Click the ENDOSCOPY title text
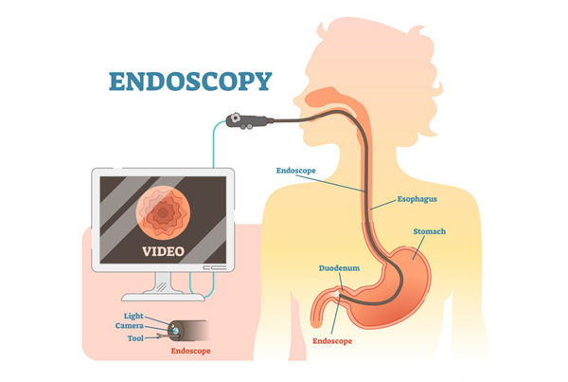(x=190, y=82)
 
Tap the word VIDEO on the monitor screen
(x=163, y=251)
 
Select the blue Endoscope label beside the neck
(x=295, y=171)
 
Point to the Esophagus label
(x=417, y=199)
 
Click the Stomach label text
(x=429, y=231)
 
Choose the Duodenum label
(x=339, y=268)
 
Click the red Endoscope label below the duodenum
(x=332, y=341)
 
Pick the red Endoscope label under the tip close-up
(x=190, y=351)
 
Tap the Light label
(x=133, y=316)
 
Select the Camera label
(x=130, y=326)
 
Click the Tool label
(x=135, y=338)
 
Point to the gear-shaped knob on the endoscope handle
(x=236, y=118)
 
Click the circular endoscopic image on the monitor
(x=163, y=212)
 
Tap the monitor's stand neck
(x=164, y=282)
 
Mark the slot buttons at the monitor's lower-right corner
(x=215, y=267)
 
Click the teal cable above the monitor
(x=214, y=143)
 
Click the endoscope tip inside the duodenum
(x=340, y=297)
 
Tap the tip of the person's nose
(x=294, y=100)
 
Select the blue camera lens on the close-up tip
(x=176, y=331)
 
